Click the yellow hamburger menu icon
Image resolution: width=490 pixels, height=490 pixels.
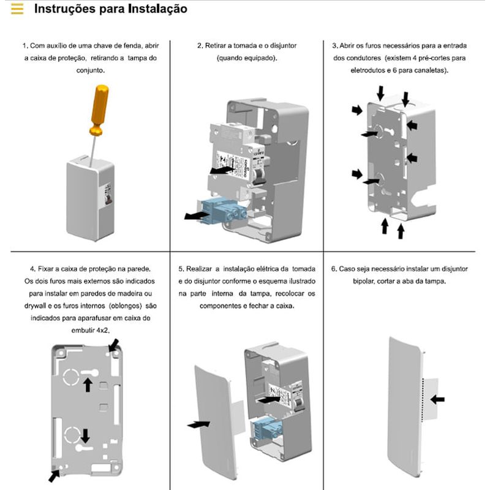point(18,9)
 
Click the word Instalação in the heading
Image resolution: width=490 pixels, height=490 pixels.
point(155,9)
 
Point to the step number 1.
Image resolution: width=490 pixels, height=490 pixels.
point(24,46)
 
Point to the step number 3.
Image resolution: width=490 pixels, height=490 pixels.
point(334,46)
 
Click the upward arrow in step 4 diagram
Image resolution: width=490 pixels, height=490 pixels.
point(88,384)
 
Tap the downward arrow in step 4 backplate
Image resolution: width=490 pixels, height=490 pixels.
point(85,435)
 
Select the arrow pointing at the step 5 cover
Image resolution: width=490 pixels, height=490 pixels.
point(197,423)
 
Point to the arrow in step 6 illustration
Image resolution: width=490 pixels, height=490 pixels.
point(437,399)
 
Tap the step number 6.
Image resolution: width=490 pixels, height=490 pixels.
point(333,269)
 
